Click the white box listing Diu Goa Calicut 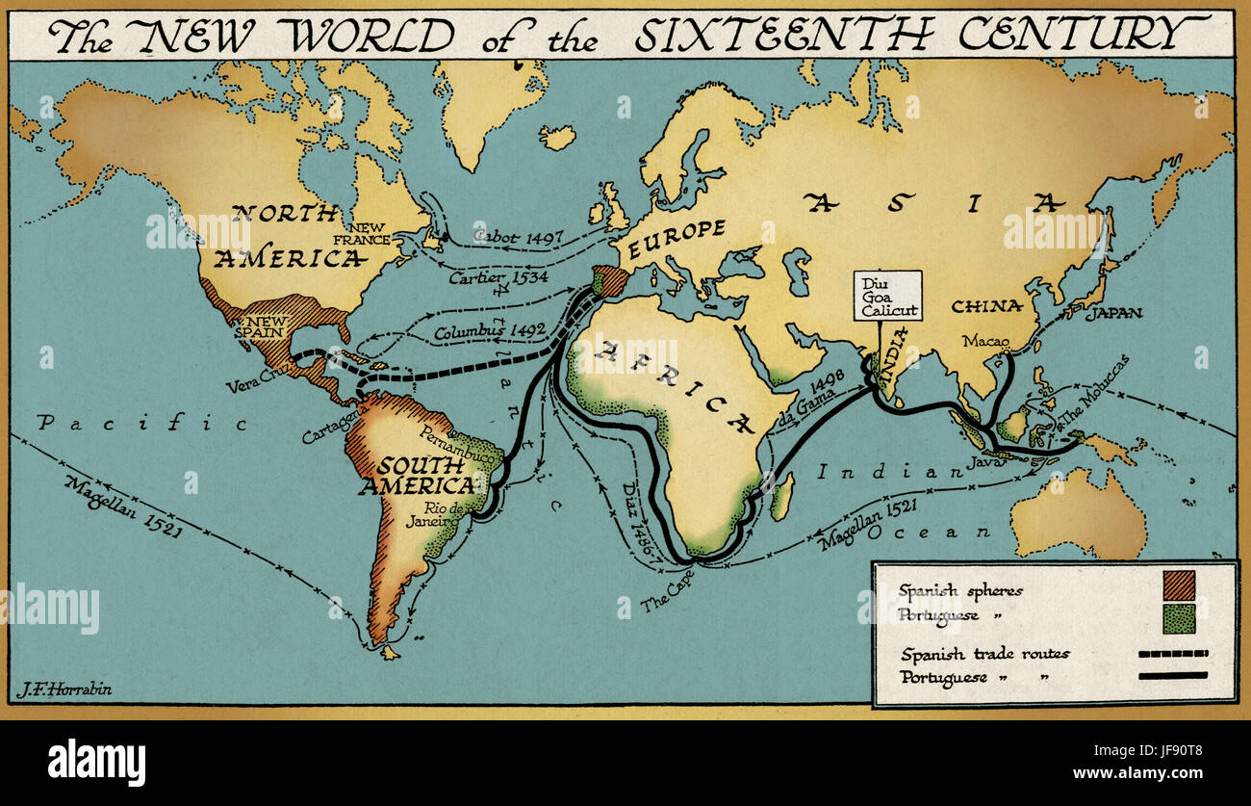click(887, 296)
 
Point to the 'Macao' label click(985, 341)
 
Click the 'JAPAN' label click(1113, 313)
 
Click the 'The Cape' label click(665, 590)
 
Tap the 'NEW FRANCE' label click(370, 232)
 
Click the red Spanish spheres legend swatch click(1179, 585)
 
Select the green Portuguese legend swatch click(1179, 618)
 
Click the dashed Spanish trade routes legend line click(1173, 654)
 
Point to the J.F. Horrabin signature click(64, 689)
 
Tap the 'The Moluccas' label click(1091, 394)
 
